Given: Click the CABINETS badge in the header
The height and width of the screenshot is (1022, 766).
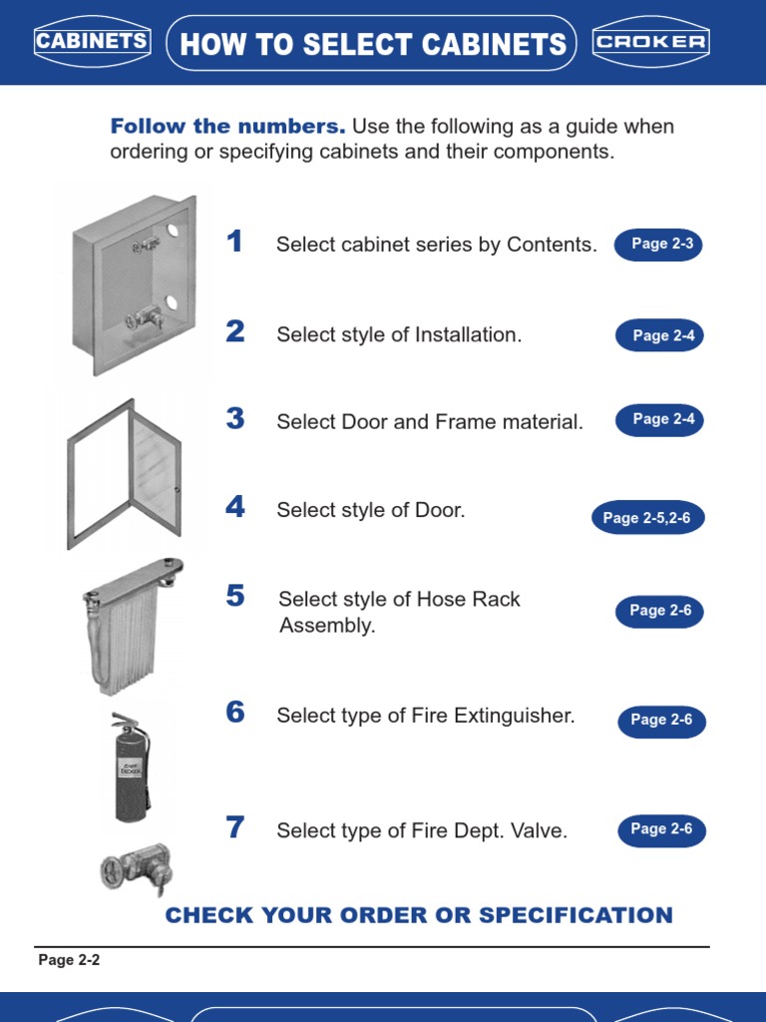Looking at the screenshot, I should [92, 42].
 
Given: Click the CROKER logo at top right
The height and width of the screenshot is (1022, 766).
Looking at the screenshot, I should [650, 42].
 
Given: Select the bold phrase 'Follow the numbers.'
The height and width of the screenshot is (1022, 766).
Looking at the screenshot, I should [227, 127].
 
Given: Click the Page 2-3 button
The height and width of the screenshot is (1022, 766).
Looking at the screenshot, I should [658, 244].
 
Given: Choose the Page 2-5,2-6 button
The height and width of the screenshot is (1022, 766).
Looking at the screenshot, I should [646, 518].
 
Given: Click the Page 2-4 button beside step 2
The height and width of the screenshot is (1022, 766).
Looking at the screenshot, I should [660, 335].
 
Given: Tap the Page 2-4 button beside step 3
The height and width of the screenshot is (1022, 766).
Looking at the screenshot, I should [660, 419].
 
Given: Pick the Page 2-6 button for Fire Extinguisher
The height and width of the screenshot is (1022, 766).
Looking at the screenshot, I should [661, 720].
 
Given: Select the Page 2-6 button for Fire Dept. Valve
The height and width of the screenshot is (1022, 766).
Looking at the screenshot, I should [661, 828].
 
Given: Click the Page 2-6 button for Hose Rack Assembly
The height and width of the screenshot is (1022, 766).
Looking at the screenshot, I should [659, 611].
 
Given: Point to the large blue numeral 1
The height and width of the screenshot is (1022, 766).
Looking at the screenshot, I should [234, 242].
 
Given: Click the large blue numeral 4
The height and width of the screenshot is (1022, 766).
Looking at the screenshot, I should [234, 507].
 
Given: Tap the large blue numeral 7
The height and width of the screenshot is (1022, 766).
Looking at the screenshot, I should [234, 827].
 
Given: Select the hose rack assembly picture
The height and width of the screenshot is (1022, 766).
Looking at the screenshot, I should [130, 624].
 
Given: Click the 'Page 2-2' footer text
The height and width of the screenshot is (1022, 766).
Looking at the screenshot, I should [69, 960].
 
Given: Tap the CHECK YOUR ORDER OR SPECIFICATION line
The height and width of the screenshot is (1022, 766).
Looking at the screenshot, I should [419, 915].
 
